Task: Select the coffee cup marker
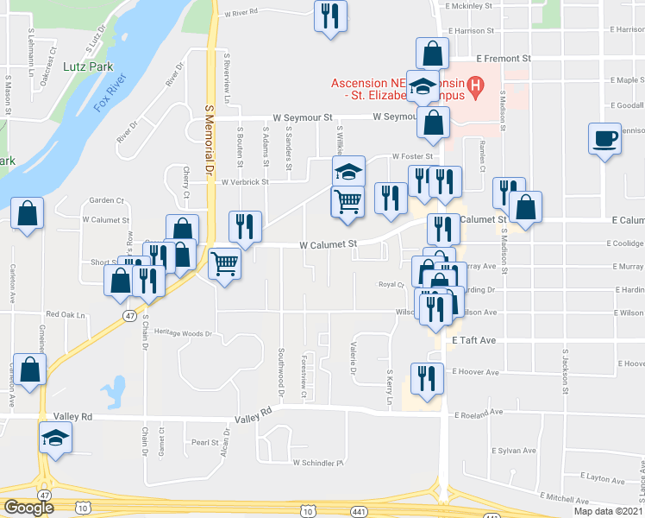pos(605,138)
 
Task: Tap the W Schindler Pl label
pos(318,463)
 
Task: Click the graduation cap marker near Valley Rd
pos(56,439)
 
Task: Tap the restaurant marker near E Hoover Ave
pos(428,378)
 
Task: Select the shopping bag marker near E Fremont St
pos(430,54)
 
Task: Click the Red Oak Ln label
pos(66,315)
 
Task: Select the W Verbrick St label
pos(243,182)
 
